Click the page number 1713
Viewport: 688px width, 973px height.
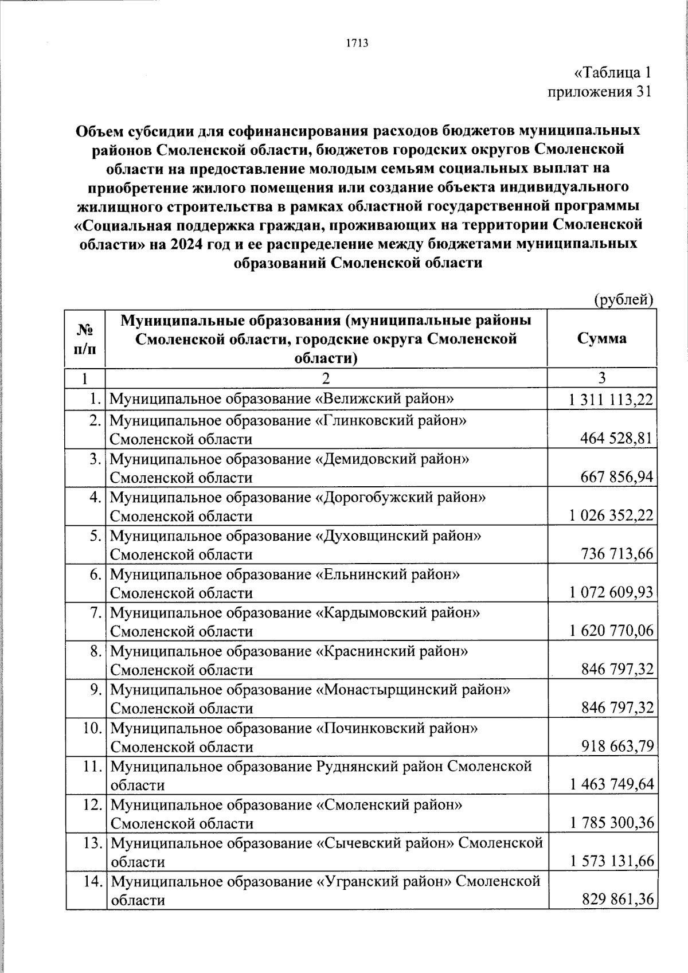357,43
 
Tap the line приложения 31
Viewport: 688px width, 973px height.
599,92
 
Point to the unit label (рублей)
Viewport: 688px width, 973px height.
623,299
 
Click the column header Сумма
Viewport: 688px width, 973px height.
601,338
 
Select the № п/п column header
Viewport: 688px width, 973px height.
85,338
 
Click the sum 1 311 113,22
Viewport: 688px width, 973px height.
611,400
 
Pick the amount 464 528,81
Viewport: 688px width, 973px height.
617,439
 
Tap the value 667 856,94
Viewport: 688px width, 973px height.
617,478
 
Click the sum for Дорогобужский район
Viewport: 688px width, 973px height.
611,516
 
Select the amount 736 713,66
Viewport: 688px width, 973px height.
617,554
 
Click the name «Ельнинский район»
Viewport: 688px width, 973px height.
388,574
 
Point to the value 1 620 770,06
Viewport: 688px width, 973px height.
611,631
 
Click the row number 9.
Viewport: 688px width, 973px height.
96,690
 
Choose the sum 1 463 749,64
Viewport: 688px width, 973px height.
611,784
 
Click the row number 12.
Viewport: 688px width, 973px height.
93,805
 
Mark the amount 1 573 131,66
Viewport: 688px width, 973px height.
611,861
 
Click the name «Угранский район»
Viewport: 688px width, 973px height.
383,881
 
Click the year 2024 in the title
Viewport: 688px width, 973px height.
185,244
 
